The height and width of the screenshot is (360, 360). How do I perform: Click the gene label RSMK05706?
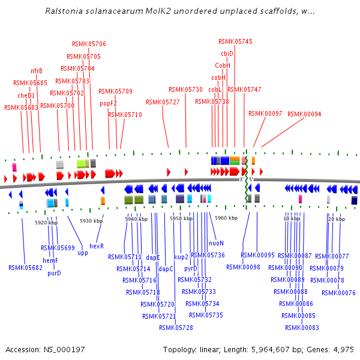[x=89, y=44]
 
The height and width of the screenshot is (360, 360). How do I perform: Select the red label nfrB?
[x=37, y=71]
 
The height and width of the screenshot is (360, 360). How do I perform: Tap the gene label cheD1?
[x=26, y=95]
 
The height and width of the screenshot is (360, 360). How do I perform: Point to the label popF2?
[x=108, y=103]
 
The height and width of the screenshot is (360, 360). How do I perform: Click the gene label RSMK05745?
[x=235, y=41]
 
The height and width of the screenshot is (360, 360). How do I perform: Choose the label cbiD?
[x=227, y=53]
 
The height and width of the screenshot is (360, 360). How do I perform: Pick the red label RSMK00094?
[x=304, y=114]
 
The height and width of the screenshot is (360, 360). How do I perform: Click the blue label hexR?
[x=97, y=245]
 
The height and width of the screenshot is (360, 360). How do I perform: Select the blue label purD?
[x=54, y=273]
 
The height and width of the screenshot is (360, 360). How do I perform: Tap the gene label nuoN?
[x=216, y=243]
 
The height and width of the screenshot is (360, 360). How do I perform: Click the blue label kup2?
[x=181, y=257]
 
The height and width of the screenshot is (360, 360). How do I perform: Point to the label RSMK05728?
[x=176, y=328]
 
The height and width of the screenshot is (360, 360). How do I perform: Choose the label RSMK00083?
[x=302, y=328]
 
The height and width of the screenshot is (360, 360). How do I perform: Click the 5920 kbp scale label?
[x=46, y=223]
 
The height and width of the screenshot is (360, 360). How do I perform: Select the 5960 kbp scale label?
[x=227, y=218]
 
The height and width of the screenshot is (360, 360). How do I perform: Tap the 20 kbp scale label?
[x=336, y=219]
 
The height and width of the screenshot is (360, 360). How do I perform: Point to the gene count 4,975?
[x=342, y=349]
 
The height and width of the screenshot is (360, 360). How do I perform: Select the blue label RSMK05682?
[x=25, y=268]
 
